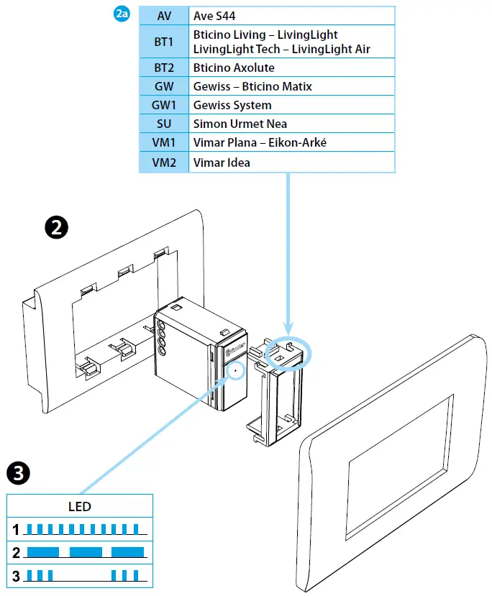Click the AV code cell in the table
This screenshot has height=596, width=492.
click(x=164, y=15)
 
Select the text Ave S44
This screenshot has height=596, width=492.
click(x=215, y=15)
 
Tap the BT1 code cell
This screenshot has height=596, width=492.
click(x=164, y=42)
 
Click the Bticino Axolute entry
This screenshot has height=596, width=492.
click(x=234, y=68)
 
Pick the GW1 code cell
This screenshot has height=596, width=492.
click(x=164, y=105)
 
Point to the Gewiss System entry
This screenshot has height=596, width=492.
click(x=232, y=105)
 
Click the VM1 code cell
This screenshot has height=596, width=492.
click(x=164, y=142)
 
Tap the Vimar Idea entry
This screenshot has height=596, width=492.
click(x=222, y=162)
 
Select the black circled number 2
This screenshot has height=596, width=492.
click(x=56, y=228)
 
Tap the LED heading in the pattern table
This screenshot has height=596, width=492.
click(x=80, y=506)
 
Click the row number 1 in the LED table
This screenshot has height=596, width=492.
click(x=15, y=531)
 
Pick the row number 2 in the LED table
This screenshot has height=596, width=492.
click(x=15, y=553)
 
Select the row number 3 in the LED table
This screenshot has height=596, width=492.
click(x=15, y=576)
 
